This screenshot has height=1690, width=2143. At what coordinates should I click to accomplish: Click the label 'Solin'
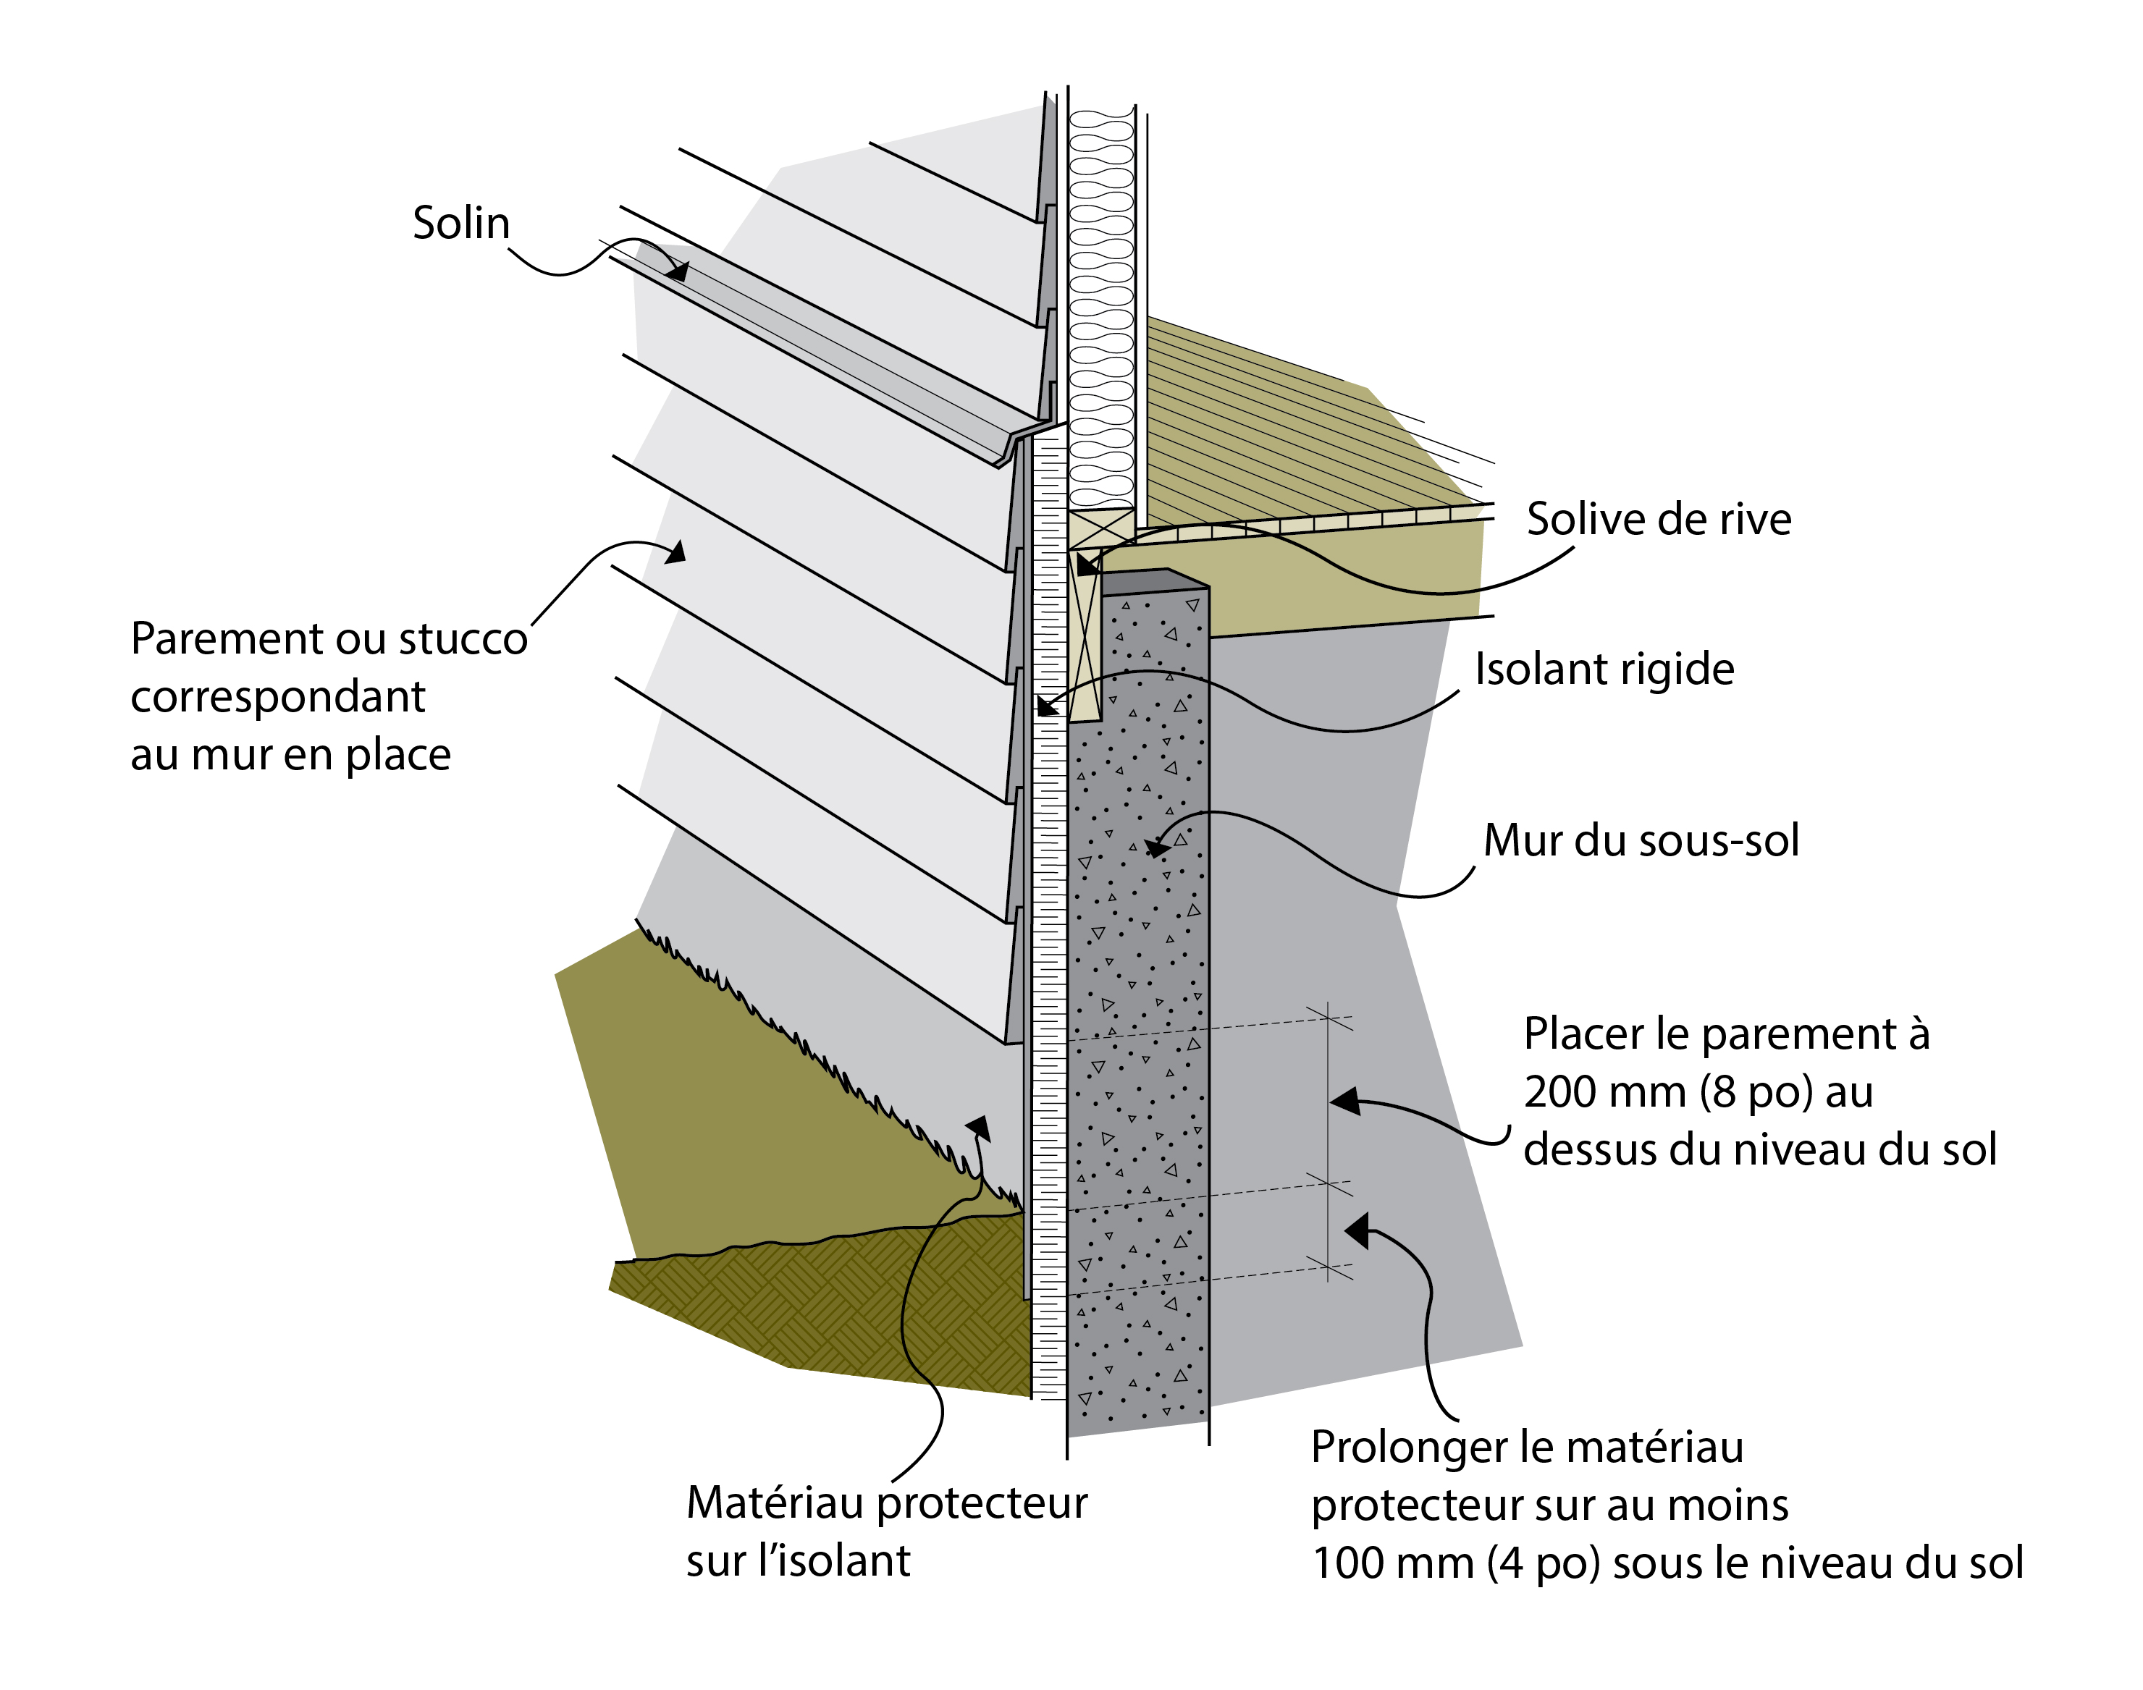460,224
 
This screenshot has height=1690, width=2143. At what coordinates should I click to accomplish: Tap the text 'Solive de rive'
1658,520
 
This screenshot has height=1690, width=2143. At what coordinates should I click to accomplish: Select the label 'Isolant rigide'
1604,670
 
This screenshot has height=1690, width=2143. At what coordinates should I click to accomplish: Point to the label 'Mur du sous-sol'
1640,841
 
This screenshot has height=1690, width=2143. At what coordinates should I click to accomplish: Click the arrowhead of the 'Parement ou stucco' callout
676,551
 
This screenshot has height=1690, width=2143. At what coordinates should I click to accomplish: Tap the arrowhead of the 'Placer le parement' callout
1345,1100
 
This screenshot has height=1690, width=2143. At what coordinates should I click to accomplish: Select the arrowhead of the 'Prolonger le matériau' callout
1357,1231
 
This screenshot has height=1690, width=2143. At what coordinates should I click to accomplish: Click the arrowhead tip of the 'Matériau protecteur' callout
978,1127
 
